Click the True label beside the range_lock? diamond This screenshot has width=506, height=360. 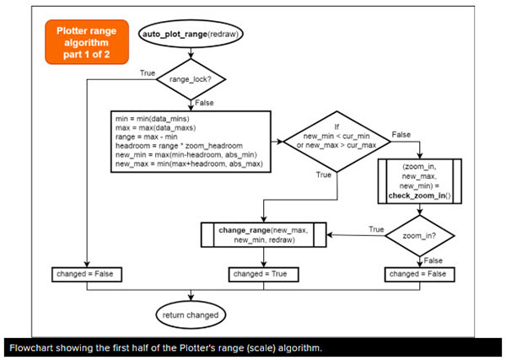[x=147, y=74]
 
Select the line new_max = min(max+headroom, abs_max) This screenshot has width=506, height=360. [x=191, y=164]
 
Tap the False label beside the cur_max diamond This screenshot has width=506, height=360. [x=401, y=134]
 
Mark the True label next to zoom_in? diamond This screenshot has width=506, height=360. [x=375, y=228]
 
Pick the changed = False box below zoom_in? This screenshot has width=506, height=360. [x=419, y=274]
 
